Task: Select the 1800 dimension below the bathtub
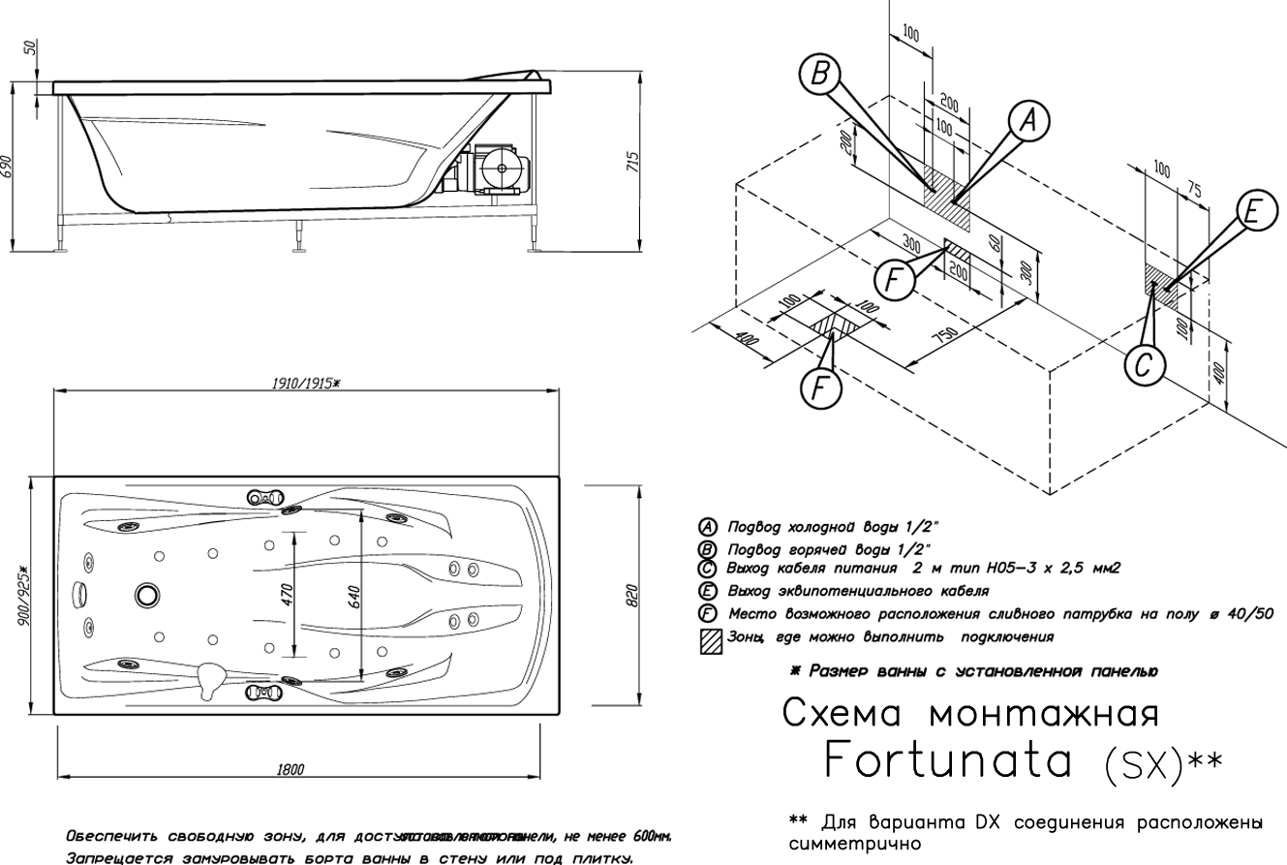290,770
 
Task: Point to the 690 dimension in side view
8,167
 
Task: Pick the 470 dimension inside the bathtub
287,595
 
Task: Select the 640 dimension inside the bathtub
354,597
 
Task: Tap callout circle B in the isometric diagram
820,74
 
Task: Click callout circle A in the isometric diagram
1028,119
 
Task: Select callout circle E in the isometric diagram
1255,212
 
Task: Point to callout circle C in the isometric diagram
1144,365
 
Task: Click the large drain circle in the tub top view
147,594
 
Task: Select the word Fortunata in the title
947,761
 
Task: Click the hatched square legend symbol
711,640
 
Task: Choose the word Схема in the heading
843,714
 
